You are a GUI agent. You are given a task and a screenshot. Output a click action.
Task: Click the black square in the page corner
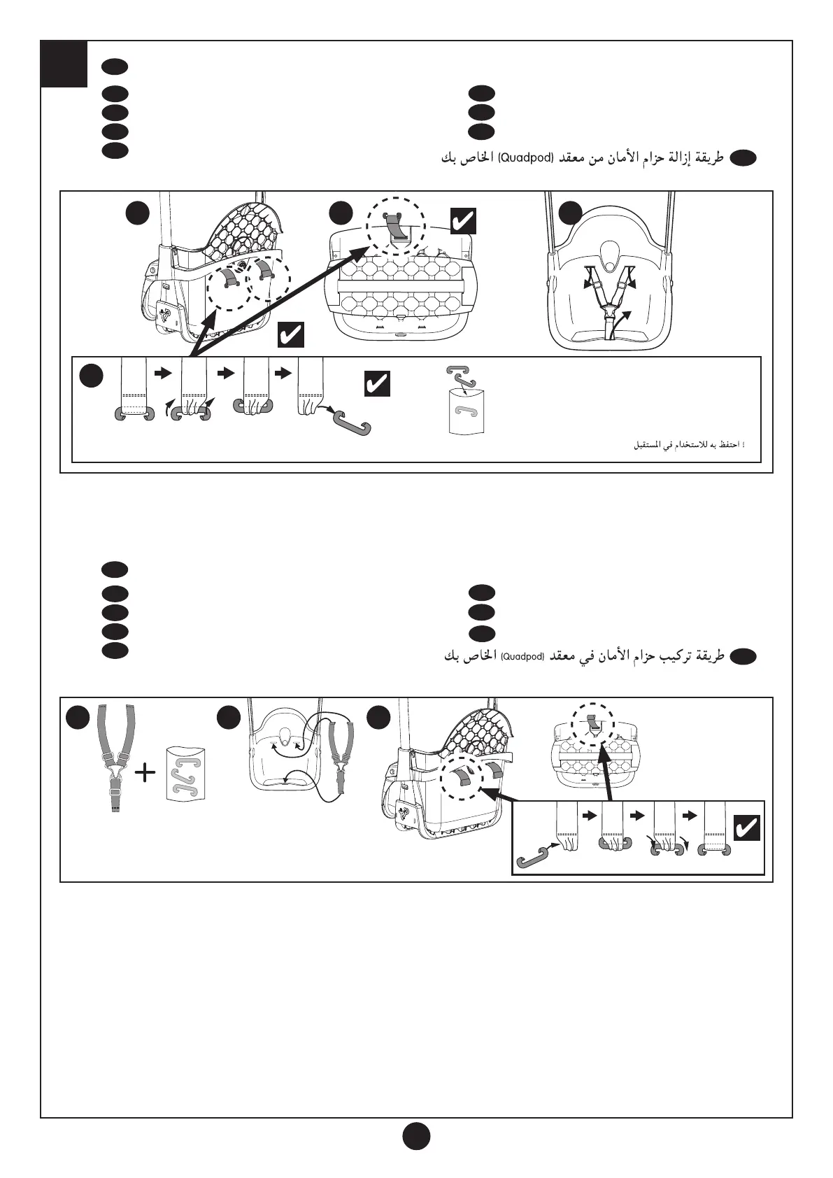(x=64, y=64)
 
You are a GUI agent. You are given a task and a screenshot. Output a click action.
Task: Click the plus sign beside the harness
(x=145, y=773)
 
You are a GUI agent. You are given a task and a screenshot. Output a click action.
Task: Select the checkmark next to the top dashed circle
(x=463, y=221)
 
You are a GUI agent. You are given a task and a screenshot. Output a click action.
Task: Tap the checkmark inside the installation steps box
(x=746, y=829)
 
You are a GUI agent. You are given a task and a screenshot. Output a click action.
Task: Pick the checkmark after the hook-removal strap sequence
(x=377, y=384)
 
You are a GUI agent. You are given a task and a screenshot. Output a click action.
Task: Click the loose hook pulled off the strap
(x=353, y=424)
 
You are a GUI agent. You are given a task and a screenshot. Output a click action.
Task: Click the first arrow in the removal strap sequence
(x=162, y=374)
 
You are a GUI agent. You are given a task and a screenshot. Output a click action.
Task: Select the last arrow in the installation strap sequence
(x=690, y=816)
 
